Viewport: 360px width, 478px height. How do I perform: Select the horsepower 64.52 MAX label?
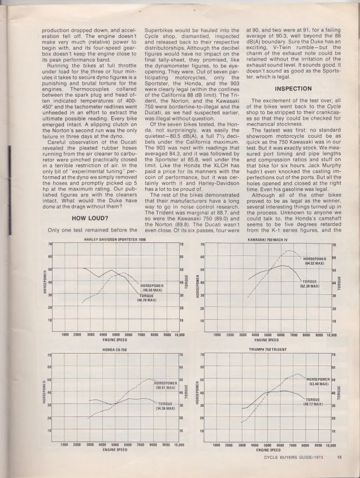[314, 260]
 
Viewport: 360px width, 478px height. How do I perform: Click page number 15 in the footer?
[339, 458]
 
